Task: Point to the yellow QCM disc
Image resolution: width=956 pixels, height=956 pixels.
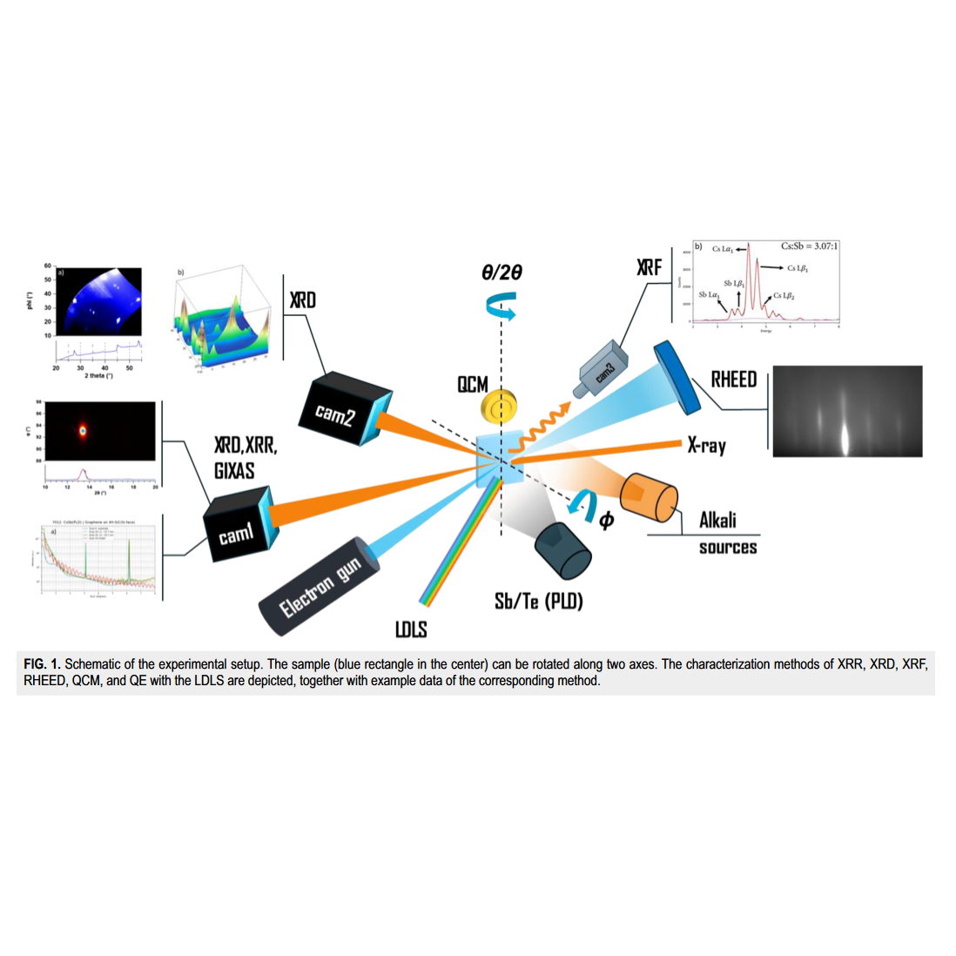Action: [501, 406]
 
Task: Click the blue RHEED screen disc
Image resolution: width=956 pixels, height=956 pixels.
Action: [676, 375]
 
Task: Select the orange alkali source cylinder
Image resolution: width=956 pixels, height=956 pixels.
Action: [649, 501]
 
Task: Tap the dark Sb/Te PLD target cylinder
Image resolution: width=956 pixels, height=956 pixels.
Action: [562, 550]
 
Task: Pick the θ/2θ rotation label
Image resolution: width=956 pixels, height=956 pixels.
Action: [502, 273]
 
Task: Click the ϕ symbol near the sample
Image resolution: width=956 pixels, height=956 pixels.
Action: [606, 520]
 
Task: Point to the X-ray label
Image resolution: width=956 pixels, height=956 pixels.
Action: [706, 446]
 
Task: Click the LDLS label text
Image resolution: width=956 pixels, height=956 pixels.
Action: [411, 629]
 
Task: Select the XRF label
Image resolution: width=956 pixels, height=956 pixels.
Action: [649, 267]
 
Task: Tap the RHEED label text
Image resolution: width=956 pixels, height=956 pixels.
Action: [733, 380]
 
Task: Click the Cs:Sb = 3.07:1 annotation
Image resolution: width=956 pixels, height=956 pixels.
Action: [809, 246]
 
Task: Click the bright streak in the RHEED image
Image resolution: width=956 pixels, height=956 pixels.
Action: [845, 434]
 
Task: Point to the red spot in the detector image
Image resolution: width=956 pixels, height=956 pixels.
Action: [84, 430]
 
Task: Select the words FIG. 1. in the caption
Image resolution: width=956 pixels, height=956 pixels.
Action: [42, 664]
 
